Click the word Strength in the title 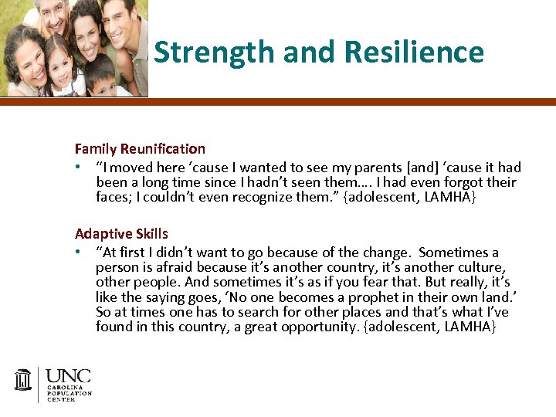pos(215,53)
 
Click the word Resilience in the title pos(414,53)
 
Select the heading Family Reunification pos(140,148)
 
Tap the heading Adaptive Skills pos(121,233)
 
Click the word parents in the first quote pos(337,168)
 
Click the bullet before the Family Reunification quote pos(79,168)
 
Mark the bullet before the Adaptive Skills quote pos(79,253)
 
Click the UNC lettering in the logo pos(68,377)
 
